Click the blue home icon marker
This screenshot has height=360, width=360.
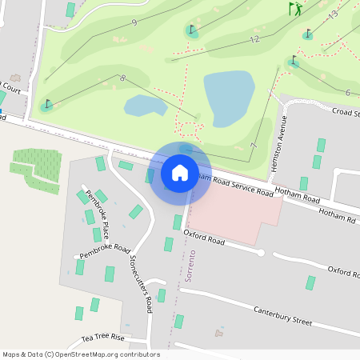(179, 172)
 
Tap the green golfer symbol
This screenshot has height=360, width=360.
(296, 10)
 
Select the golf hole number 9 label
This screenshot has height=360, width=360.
(134, 22)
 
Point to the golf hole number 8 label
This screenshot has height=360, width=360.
(122, 78)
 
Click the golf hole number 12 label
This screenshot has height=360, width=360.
(254, 39)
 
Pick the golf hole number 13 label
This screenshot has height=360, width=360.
(333, 14)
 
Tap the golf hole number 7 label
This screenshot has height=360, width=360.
(253, 146)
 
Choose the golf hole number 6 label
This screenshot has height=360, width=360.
(347, 93)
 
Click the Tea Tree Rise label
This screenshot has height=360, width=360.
(103, 338)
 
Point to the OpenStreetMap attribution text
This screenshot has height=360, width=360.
(81, 354)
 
